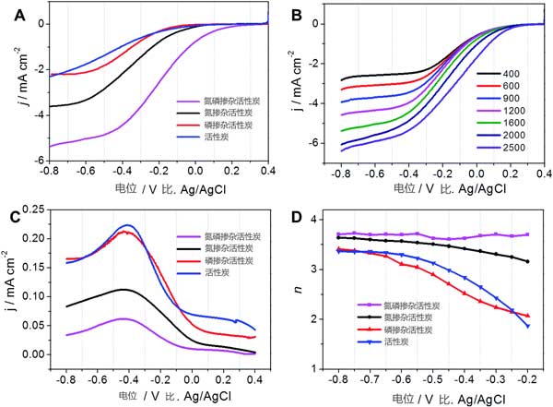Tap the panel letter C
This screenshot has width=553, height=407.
pos(13,218)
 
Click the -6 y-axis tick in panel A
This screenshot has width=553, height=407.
pos(34,161)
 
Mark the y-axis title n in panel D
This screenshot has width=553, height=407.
pos(301,293)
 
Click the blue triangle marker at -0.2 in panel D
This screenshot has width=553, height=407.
pos(529,325)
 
